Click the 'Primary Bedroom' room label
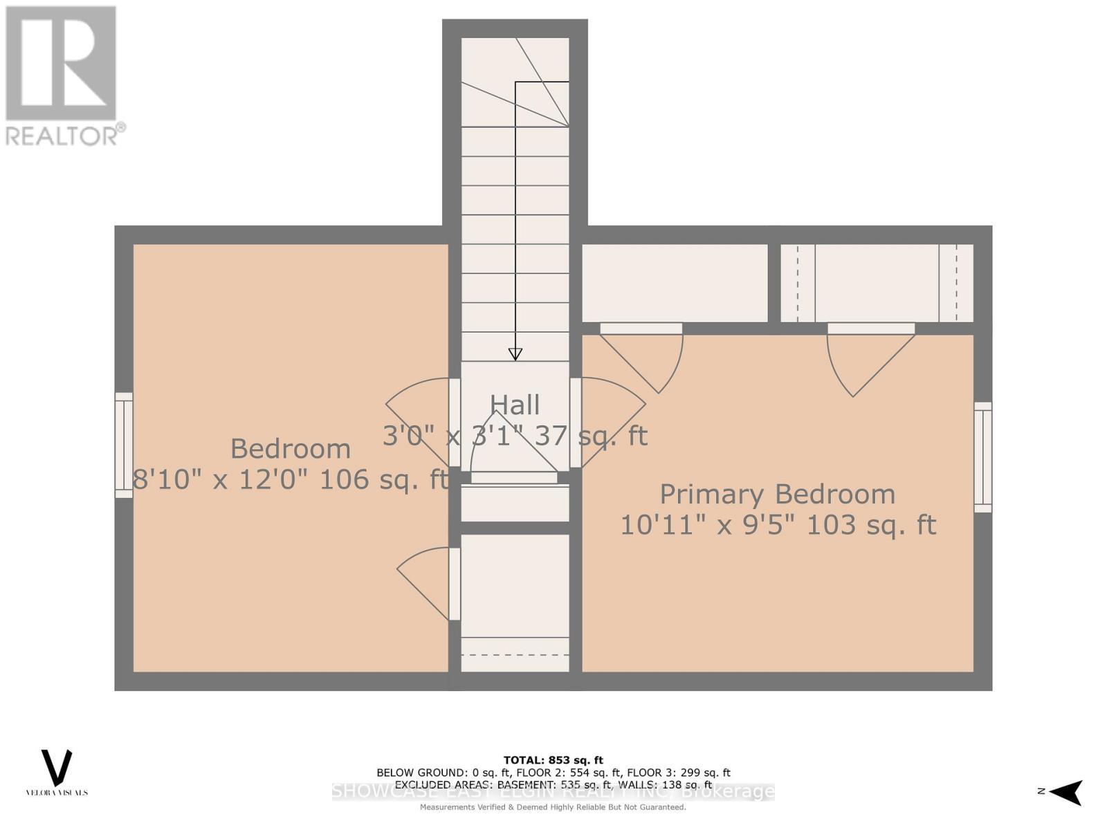point(777,495)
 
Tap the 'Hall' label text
point(515,405)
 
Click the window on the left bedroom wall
point(124,445)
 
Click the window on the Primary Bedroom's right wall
point(982,457)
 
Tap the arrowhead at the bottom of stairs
point(515,354)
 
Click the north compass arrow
point(1065,792)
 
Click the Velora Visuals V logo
point(57,768)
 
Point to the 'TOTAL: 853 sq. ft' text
point(553,760)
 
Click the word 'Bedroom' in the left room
point(290,449)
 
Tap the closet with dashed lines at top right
point(877,283)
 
